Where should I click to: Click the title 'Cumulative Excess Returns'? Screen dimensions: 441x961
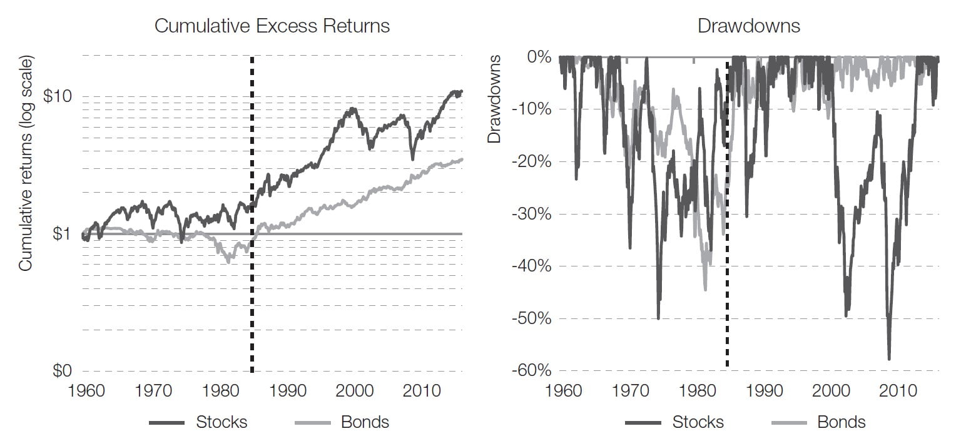tap(272, 26)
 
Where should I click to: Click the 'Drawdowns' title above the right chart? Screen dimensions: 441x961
tap(748, 26)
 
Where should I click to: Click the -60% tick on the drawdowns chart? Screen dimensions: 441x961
tap(531, 371)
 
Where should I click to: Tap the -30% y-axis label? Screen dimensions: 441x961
tap(531, 214)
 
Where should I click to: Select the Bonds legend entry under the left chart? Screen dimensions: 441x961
tap(365, 422)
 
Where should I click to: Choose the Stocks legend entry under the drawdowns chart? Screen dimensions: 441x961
tap(698, 422)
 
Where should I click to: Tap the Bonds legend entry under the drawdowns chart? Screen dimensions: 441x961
tap(842, 422)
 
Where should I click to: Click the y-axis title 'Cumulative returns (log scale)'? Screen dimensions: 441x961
tap(26, 164)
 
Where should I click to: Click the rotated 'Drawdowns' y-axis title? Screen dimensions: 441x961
tap(495, 98)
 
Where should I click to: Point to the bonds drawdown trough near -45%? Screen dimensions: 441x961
tap(705, 290)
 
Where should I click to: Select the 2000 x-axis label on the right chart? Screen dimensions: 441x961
tap(831, 391)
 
